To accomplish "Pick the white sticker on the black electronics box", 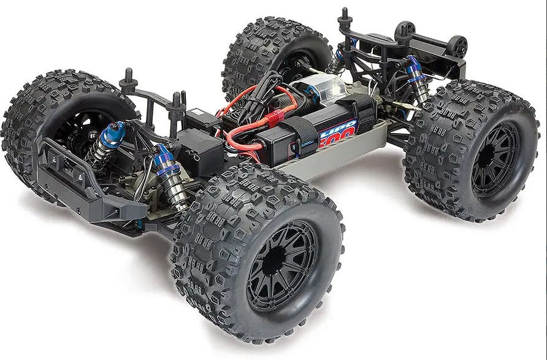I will pos(198,113).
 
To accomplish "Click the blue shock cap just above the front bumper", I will pos(116,131).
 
